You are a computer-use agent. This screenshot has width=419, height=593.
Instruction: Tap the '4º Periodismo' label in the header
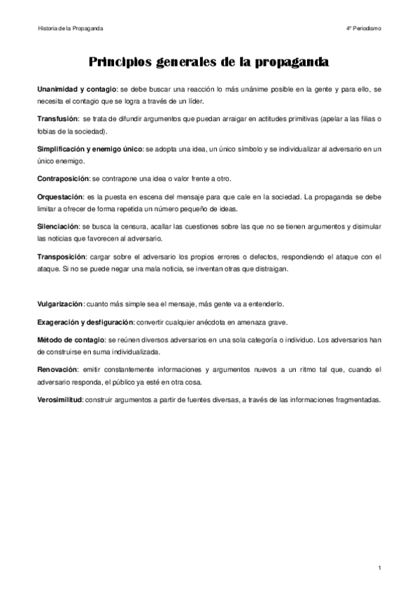point(363,29)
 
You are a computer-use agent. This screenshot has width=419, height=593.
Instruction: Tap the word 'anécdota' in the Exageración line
point(217,322)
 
